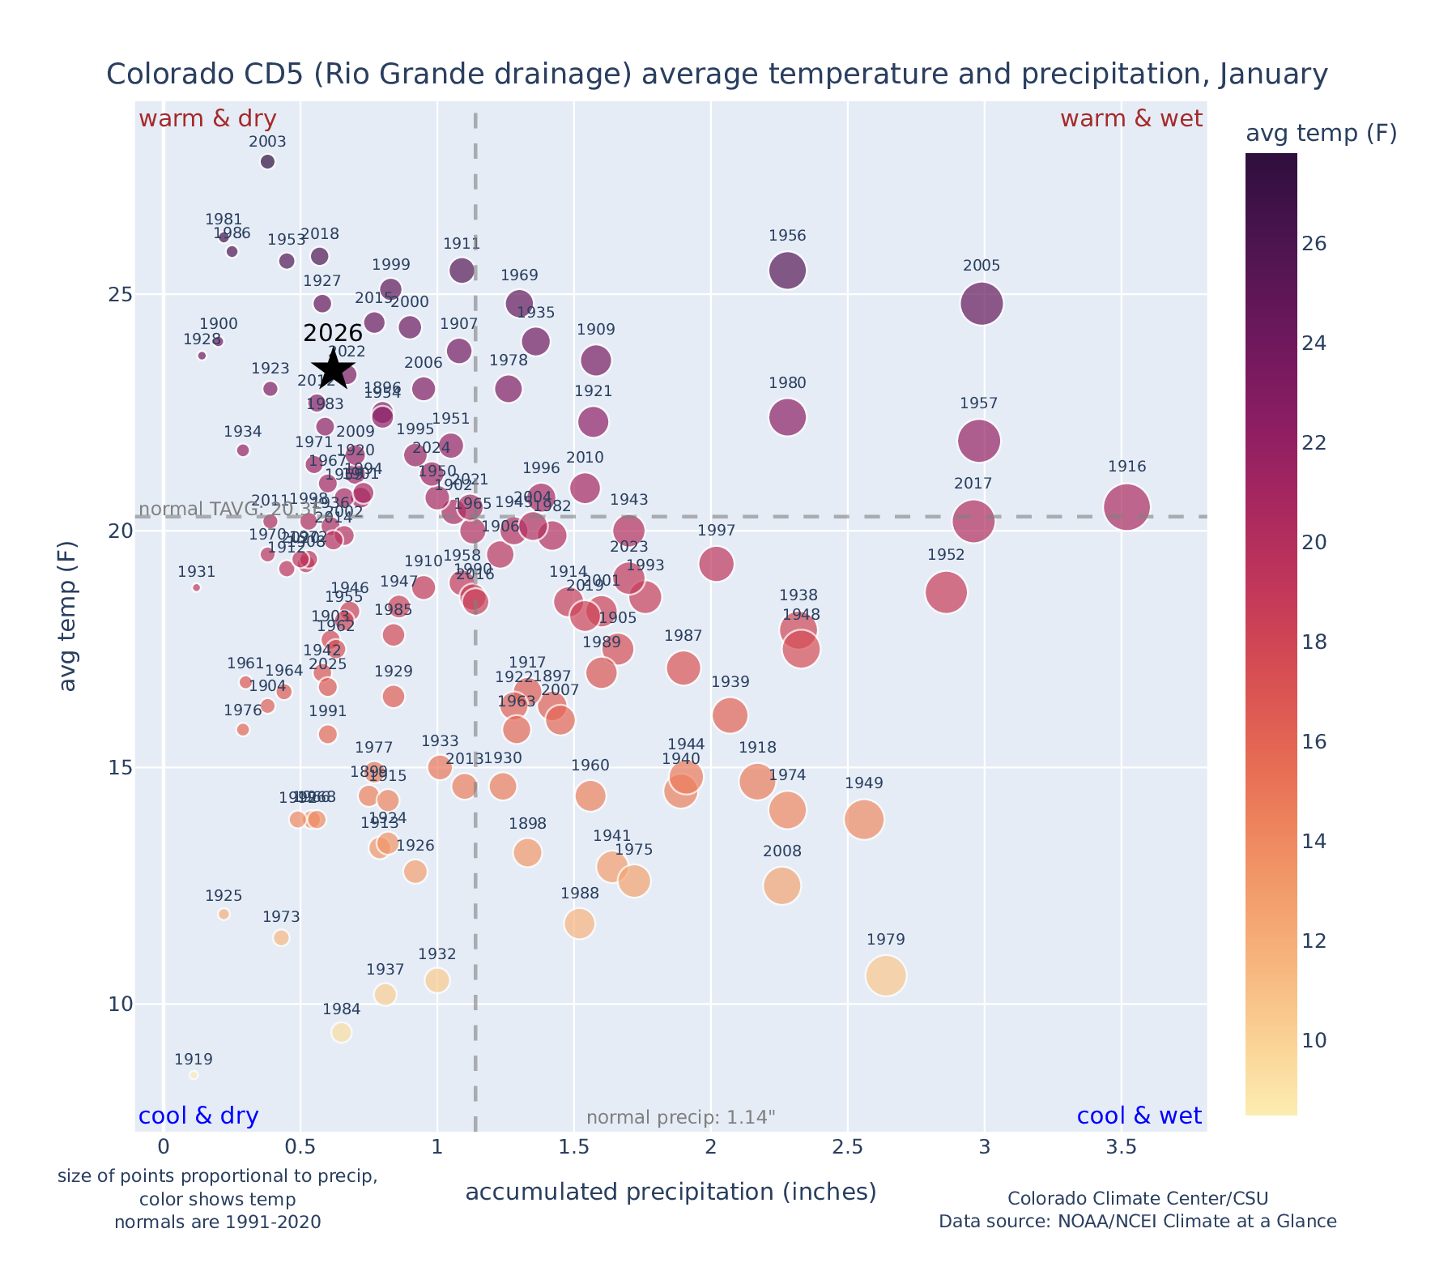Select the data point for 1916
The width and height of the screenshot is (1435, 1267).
click(x=1126, y=507)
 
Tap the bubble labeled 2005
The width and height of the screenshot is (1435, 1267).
click(x=982, y=304)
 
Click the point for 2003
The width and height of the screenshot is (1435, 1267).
click(x=267, y=161)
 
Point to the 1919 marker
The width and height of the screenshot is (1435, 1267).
click(x=194, y=1075)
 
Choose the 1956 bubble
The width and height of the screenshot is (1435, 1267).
click(x=787, y=270)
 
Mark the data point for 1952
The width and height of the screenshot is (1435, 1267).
click(x=946, y=592)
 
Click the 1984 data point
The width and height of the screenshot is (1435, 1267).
click(x=341, y=1032)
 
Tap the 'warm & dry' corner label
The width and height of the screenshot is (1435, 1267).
click(x=207, y=119)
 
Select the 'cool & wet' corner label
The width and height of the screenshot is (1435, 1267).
click(x=1139, y=1116)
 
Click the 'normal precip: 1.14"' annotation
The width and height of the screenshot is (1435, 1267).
click(x=680, y=1118)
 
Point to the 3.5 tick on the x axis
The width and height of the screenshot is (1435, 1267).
click(x=1121, y=1147)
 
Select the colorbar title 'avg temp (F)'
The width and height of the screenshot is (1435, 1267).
click(x=1321, y=134)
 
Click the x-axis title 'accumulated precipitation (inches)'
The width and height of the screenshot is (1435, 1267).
click(x=671, y=1192)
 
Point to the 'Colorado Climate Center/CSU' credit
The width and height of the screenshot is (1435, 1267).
click(x=1137, y=1198)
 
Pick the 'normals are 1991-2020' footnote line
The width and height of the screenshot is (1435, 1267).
click(x=217, y=1222)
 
